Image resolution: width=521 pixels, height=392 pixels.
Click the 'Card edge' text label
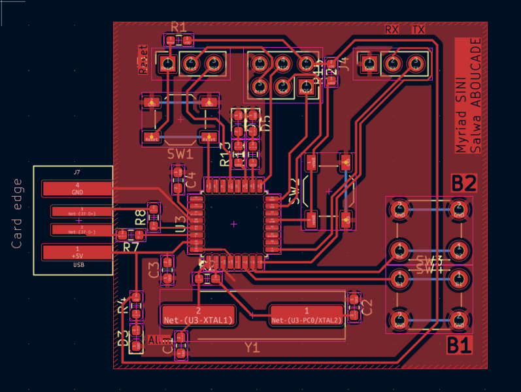tap(17, 214)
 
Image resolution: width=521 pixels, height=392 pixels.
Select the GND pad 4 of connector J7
tap(77, 189)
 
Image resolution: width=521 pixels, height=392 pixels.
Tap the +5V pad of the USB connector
tap(77, 252)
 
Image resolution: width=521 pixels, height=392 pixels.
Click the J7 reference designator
tap(77, 173)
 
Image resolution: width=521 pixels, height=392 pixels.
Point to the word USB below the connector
tap(78, 265)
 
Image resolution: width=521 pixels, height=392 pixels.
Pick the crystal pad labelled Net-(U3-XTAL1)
tap(198, 315)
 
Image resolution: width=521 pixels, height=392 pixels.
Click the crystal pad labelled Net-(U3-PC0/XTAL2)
tap(306, 315)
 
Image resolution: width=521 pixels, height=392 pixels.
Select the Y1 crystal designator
tap(252, 347)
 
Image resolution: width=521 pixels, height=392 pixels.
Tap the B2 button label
tap(463, 184)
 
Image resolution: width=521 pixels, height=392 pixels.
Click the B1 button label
tap(460, 345)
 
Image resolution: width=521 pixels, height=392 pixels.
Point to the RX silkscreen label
tap(392, 30)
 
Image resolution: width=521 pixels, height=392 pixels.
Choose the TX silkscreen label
tap(418, 30)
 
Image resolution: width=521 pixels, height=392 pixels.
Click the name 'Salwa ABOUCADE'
tap(477, 95)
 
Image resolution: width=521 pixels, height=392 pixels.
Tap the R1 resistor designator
tap(178, 27)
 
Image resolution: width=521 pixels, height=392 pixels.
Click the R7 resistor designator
tap(131, 247)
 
